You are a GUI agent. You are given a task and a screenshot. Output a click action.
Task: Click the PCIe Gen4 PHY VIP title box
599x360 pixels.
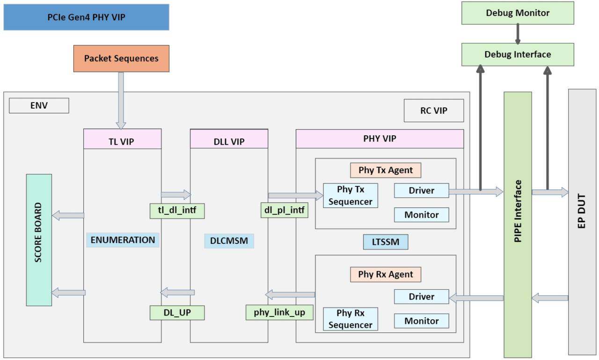tap(86, 17)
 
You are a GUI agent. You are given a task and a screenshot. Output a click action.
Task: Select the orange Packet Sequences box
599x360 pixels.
tap(121, 59)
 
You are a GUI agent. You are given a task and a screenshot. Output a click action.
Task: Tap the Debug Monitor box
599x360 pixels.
tap(518, 13)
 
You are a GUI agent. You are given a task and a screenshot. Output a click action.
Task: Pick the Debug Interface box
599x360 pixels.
tap(518, 54)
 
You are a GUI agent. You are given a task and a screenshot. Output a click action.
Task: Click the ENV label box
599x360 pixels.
tap(39, 106)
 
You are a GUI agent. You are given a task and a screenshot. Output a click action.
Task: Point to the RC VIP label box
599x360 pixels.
tap(433, 110)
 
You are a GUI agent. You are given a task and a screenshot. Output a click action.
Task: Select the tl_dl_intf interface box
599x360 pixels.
tap(177, 211)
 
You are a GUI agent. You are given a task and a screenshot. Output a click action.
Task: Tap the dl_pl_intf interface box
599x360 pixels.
tap(284, 211)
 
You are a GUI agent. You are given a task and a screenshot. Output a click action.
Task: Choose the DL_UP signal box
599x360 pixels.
tap(177, 312)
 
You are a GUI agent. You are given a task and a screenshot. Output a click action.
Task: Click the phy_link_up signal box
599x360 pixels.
tap(280, 312)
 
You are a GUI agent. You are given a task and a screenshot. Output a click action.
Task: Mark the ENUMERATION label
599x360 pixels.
tap(123, 240)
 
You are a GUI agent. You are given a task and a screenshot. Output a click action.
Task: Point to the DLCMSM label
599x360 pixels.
tap(229, 241)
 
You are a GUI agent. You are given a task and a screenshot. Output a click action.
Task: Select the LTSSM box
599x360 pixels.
tap(386, 242)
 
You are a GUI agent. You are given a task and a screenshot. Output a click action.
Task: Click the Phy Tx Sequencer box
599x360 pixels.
tap(350, 196)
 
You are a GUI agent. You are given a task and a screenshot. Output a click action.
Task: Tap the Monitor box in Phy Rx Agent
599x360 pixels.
tap(421, 321)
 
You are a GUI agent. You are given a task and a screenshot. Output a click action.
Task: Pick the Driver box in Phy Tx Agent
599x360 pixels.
tap(421, 191)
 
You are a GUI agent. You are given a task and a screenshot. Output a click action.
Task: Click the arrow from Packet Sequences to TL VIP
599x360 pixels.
tap(121, 100)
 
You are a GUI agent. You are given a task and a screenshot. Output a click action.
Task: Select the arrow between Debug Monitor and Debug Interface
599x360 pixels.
tap(518, 34)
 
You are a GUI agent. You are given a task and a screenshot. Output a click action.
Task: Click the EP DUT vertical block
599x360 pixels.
tap(582, 221)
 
